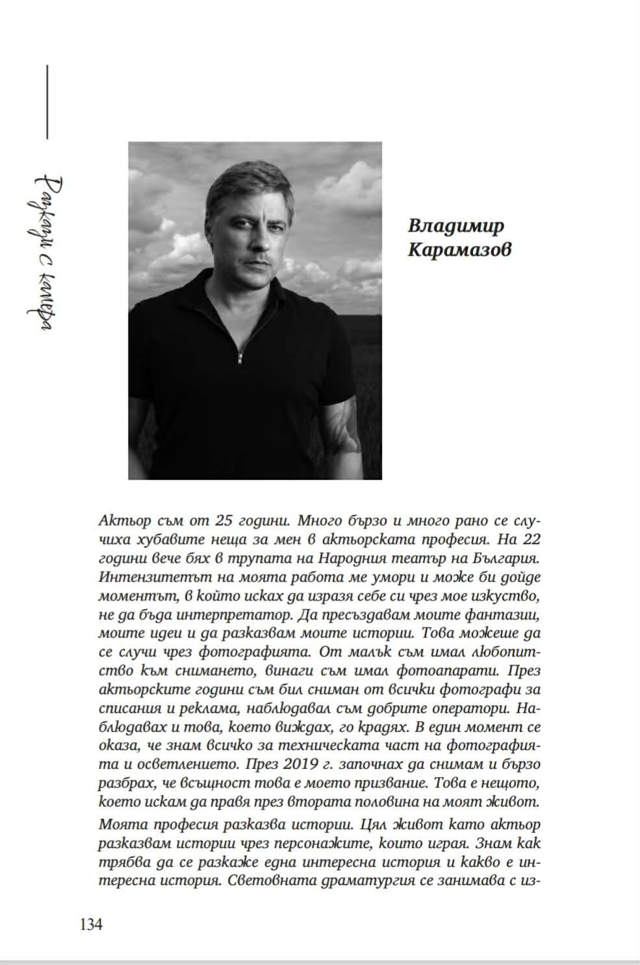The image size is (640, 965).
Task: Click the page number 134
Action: click(91, 924)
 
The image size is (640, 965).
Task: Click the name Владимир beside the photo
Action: click(456, 226)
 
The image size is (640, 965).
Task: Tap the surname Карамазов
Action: click(459, 249)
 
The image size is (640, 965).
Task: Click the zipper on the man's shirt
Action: click(240, 357)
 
